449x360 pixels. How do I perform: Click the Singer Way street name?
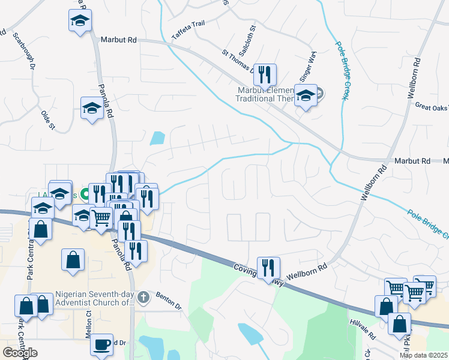[308, 65]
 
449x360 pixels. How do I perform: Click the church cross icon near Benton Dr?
[142, 297]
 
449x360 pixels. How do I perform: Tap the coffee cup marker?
[102, 344]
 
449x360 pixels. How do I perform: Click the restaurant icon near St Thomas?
[265, 74]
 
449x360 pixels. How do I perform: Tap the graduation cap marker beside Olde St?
[91, 108]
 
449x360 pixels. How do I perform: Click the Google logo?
[20, 353]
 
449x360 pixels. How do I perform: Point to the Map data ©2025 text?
[424, 355]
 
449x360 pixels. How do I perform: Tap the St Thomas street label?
[237, 59]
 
